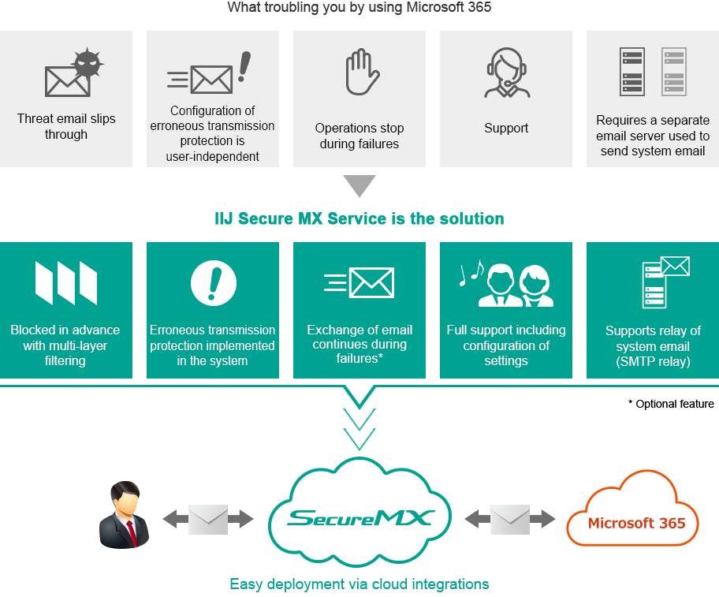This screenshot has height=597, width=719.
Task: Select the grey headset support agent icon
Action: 506,73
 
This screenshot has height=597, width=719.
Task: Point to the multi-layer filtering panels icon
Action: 66,282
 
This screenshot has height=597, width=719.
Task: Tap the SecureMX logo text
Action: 359,517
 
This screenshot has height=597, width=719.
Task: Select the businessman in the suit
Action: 124,515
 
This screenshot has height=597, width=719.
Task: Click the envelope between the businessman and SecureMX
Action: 208,519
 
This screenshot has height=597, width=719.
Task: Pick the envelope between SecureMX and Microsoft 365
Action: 510,519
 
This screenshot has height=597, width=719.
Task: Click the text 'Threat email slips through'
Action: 66,126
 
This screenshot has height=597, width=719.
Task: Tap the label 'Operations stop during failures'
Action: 359,136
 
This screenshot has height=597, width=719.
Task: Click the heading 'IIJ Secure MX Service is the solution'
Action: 359,218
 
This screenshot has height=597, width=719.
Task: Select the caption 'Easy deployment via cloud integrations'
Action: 359,584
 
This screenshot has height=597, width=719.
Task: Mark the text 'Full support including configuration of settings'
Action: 506,345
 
